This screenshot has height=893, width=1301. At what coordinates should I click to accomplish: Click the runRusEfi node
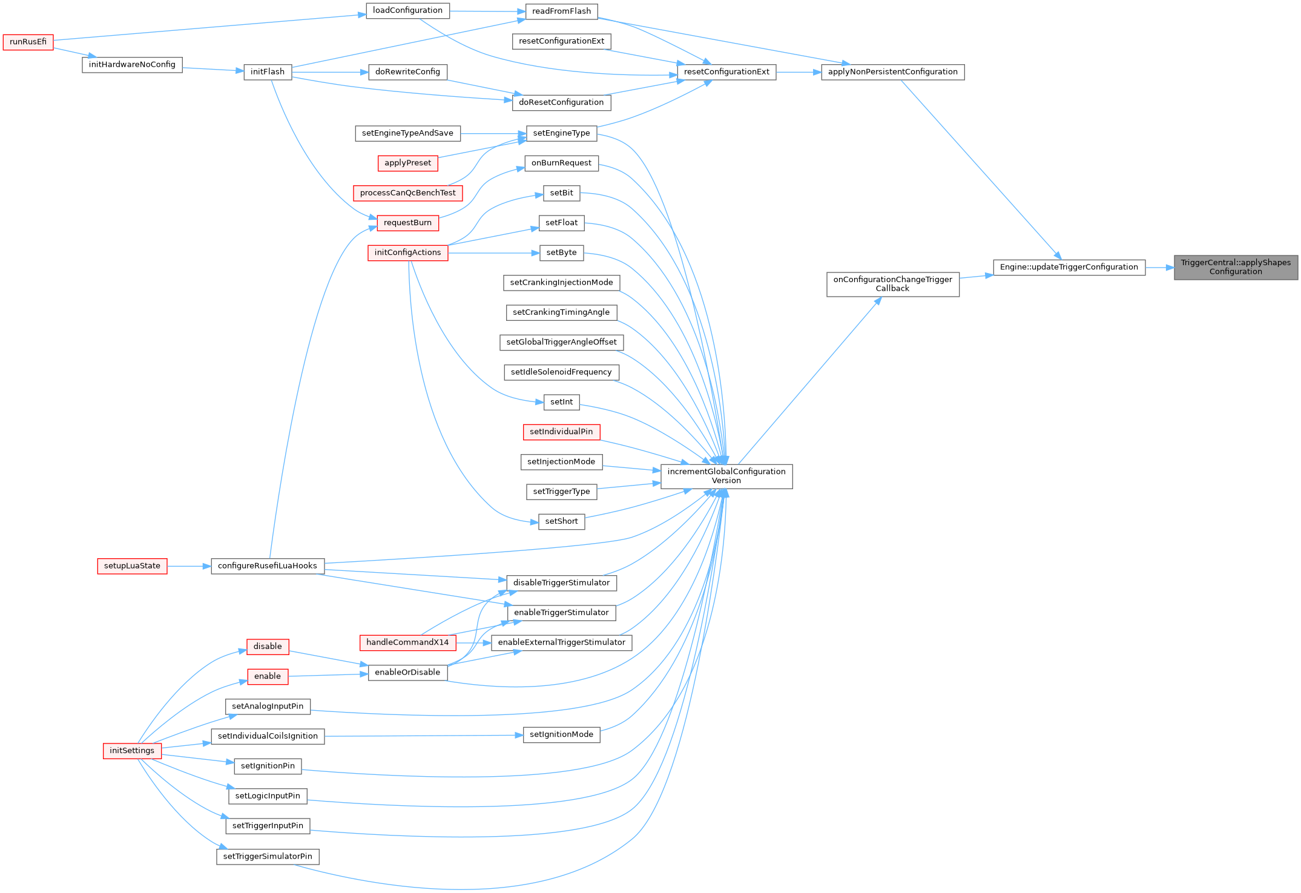point(28,42)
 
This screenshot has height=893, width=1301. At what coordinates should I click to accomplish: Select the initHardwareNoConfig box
point(132,65)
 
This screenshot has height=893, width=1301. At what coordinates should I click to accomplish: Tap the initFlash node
point(267,72)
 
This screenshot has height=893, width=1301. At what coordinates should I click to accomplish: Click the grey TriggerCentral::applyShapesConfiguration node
point(1235,267)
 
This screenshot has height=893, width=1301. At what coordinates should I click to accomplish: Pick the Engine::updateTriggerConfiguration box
point(1069,267)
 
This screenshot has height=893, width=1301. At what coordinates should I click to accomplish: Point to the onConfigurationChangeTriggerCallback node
point(892,284)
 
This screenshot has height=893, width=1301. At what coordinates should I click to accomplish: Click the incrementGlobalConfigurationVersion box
point(726,476)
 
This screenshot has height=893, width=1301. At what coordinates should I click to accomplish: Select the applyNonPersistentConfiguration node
point(892,72)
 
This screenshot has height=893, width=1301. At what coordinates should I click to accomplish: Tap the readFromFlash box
point(561,12)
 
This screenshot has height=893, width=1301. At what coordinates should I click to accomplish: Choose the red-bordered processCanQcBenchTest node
point(407,193)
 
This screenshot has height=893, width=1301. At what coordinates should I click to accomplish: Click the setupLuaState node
point(132,566)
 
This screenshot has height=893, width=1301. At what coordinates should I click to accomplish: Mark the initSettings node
point(132,751)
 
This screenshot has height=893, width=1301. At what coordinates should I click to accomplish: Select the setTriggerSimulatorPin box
point(268,857)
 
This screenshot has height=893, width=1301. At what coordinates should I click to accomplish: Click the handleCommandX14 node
point(407,642)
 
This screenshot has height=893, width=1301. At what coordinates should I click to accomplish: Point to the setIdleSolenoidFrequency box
point(561,372)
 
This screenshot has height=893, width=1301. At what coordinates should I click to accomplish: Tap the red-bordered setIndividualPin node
point(561,432)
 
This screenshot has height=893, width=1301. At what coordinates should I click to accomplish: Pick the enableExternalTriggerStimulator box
point(561,642)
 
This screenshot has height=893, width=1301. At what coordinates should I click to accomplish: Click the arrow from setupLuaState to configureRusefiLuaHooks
point(189,566)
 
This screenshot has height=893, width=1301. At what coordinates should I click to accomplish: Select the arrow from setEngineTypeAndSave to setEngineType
point(493,133)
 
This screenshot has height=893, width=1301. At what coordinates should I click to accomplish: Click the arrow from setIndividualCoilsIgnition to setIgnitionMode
point(424,736)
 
